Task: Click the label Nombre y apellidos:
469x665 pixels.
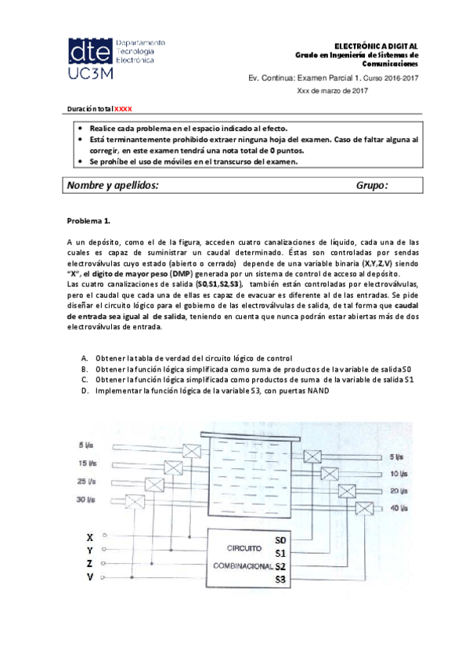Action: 113,185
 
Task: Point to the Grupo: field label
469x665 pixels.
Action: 372,185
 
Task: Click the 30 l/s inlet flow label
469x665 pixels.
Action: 87,499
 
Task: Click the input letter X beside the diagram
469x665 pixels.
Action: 90,537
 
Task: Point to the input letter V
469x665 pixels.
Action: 90,578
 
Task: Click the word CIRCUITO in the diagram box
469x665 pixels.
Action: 244,547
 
